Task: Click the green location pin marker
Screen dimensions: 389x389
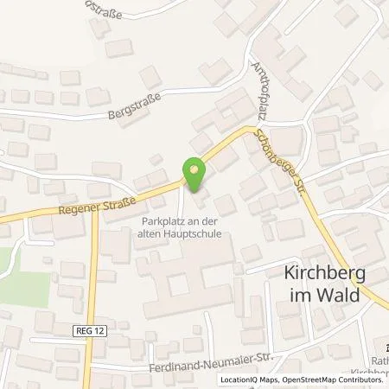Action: click(x=194, y=175)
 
